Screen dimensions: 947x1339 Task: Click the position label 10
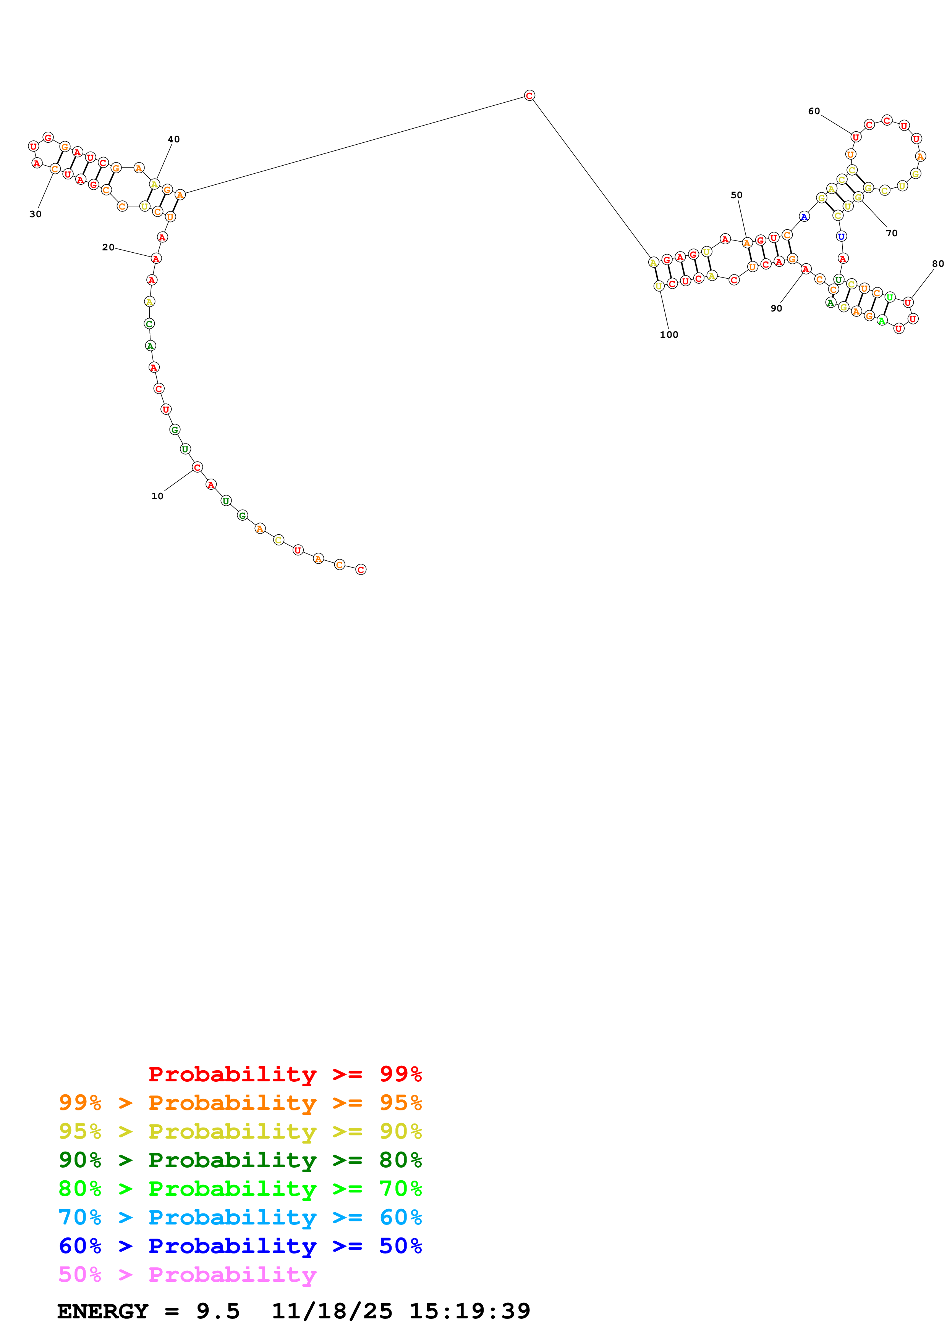157,496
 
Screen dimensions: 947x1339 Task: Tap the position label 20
108,247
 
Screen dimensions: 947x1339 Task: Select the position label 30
36,214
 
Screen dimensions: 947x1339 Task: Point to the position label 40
174,139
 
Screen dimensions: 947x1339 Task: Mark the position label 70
892,233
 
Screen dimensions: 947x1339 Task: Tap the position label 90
776,308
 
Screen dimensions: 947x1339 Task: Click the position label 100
669,335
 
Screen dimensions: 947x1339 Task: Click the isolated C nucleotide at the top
529,96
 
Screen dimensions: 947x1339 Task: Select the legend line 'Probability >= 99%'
285,1074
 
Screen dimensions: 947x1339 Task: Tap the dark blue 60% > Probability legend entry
240,1246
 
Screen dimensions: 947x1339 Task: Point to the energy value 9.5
218,1311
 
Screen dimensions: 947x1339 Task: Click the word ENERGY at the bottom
103,1311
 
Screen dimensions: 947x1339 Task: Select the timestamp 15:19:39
470,1311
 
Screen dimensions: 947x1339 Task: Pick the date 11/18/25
332,1311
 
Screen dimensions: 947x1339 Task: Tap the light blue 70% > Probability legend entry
240,1217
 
